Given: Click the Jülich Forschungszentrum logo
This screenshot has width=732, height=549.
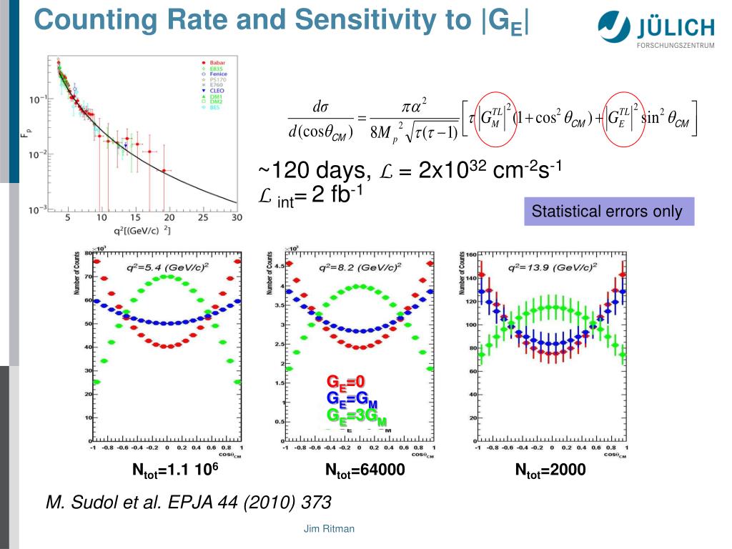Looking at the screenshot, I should pyautogui.click(x=655, y=29).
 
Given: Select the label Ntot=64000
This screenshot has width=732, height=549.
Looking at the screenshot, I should pyautogui.click(x=365, y=470).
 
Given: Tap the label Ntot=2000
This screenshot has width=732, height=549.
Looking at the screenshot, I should pyautogui.click(x=550, y=470).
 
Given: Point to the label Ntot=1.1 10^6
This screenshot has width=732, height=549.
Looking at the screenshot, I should pyautogui.click(x=175, y=470).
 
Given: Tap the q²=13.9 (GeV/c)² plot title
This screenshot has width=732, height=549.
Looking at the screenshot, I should pyautogui.click(x=550, y=268).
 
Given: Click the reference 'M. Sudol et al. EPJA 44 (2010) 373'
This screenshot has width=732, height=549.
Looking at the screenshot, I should pyautogui.click(x=188, y=503).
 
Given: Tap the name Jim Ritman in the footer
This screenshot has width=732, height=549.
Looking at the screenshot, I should pyautogui.click(x=329, y=529).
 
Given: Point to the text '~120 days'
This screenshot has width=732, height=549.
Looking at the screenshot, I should pyautogui.click(x=315, y=172).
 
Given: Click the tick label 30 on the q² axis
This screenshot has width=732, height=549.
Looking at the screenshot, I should pyautogui.click(x=236, y=217).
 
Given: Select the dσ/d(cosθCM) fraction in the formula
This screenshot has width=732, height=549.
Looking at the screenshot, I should pyautogui.click(x=320, y=119).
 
